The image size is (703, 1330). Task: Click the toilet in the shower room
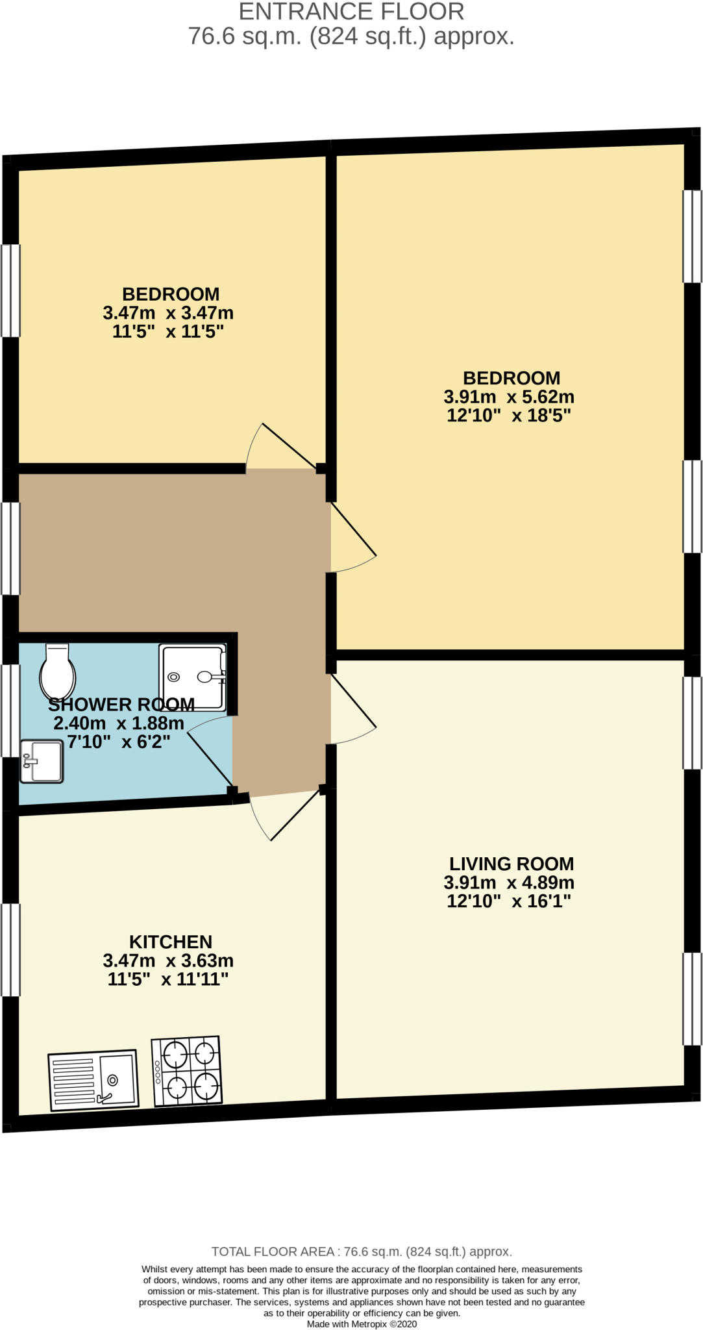point(58,671)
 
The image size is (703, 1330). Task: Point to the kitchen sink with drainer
point(94,1080)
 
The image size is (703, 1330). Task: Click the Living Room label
point(512,864)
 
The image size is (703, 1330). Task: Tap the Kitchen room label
point(171,942)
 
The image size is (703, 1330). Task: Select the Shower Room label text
point(121,704)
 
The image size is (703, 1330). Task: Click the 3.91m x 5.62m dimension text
point(509,396)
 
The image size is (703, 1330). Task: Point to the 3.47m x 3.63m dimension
point(168,960)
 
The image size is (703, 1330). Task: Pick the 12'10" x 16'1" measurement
point(509,901)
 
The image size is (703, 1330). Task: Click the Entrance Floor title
point(352,12)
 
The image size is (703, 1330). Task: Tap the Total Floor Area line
point(362,1251)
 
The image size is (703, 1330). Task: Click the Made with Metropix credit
point(362,1324)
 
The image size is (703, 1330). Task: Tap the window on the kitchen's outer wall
point(10,950)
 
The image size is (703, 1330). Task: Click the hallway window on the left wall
point(10,549)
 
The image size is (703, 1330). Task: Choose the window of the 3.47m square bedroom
point(10,290)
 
